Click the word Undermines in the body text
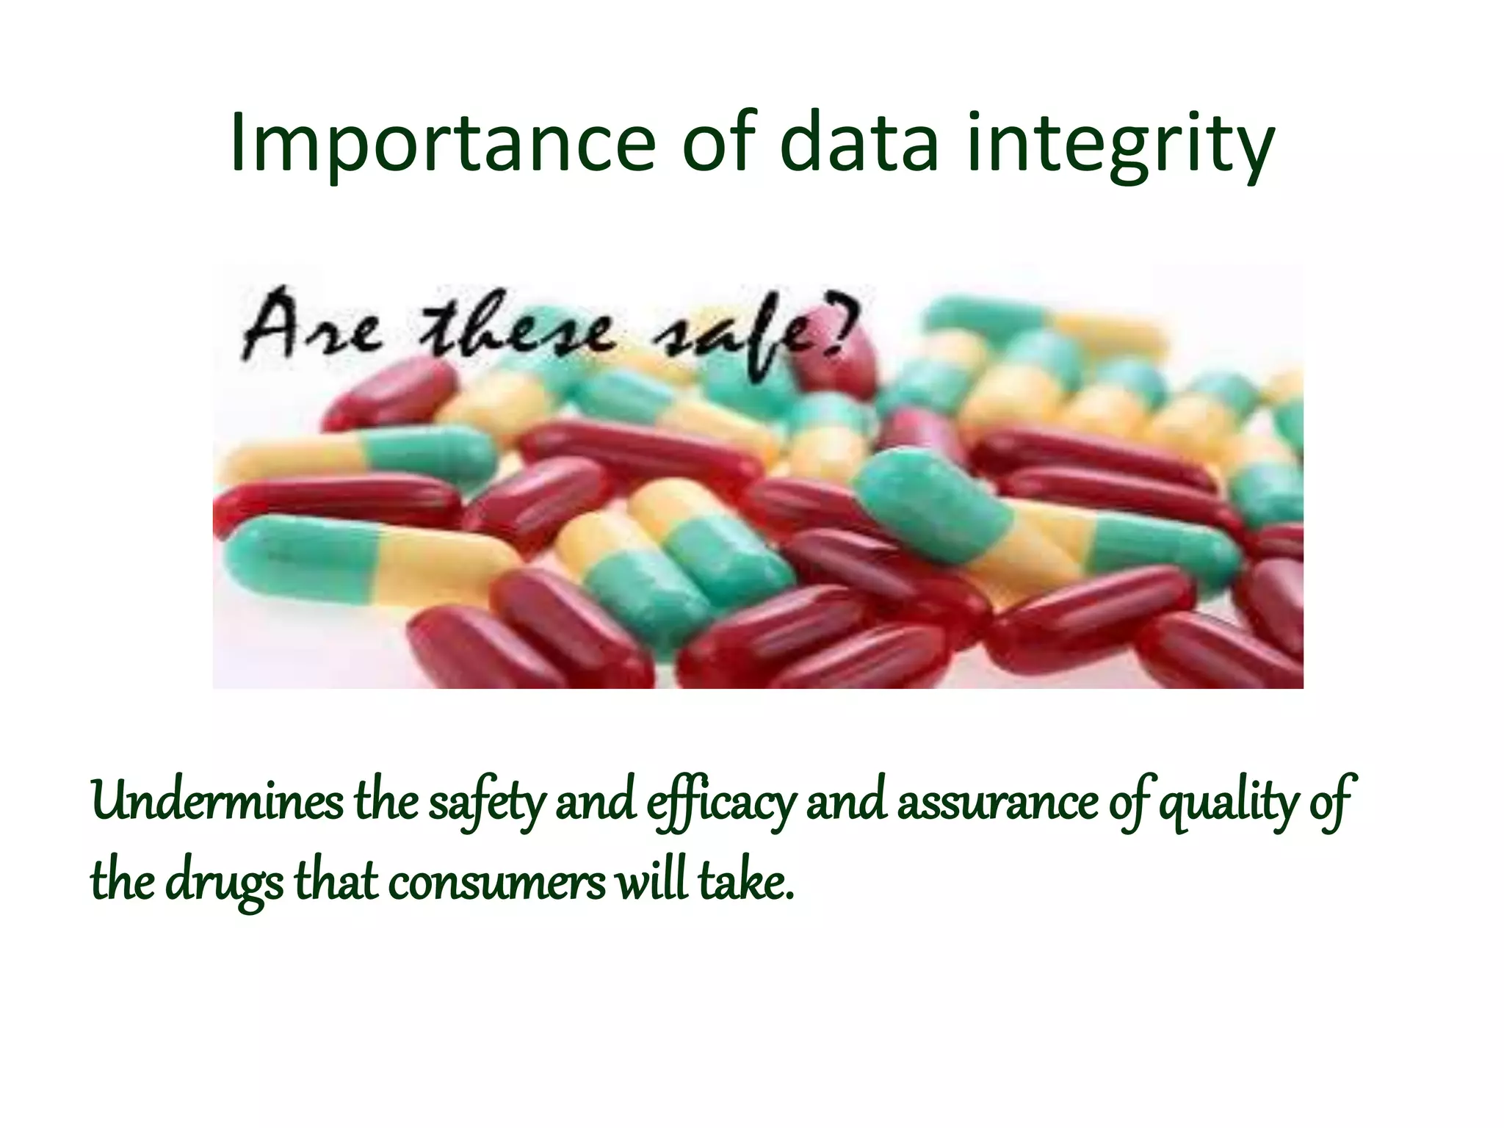tap(217, 802)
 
